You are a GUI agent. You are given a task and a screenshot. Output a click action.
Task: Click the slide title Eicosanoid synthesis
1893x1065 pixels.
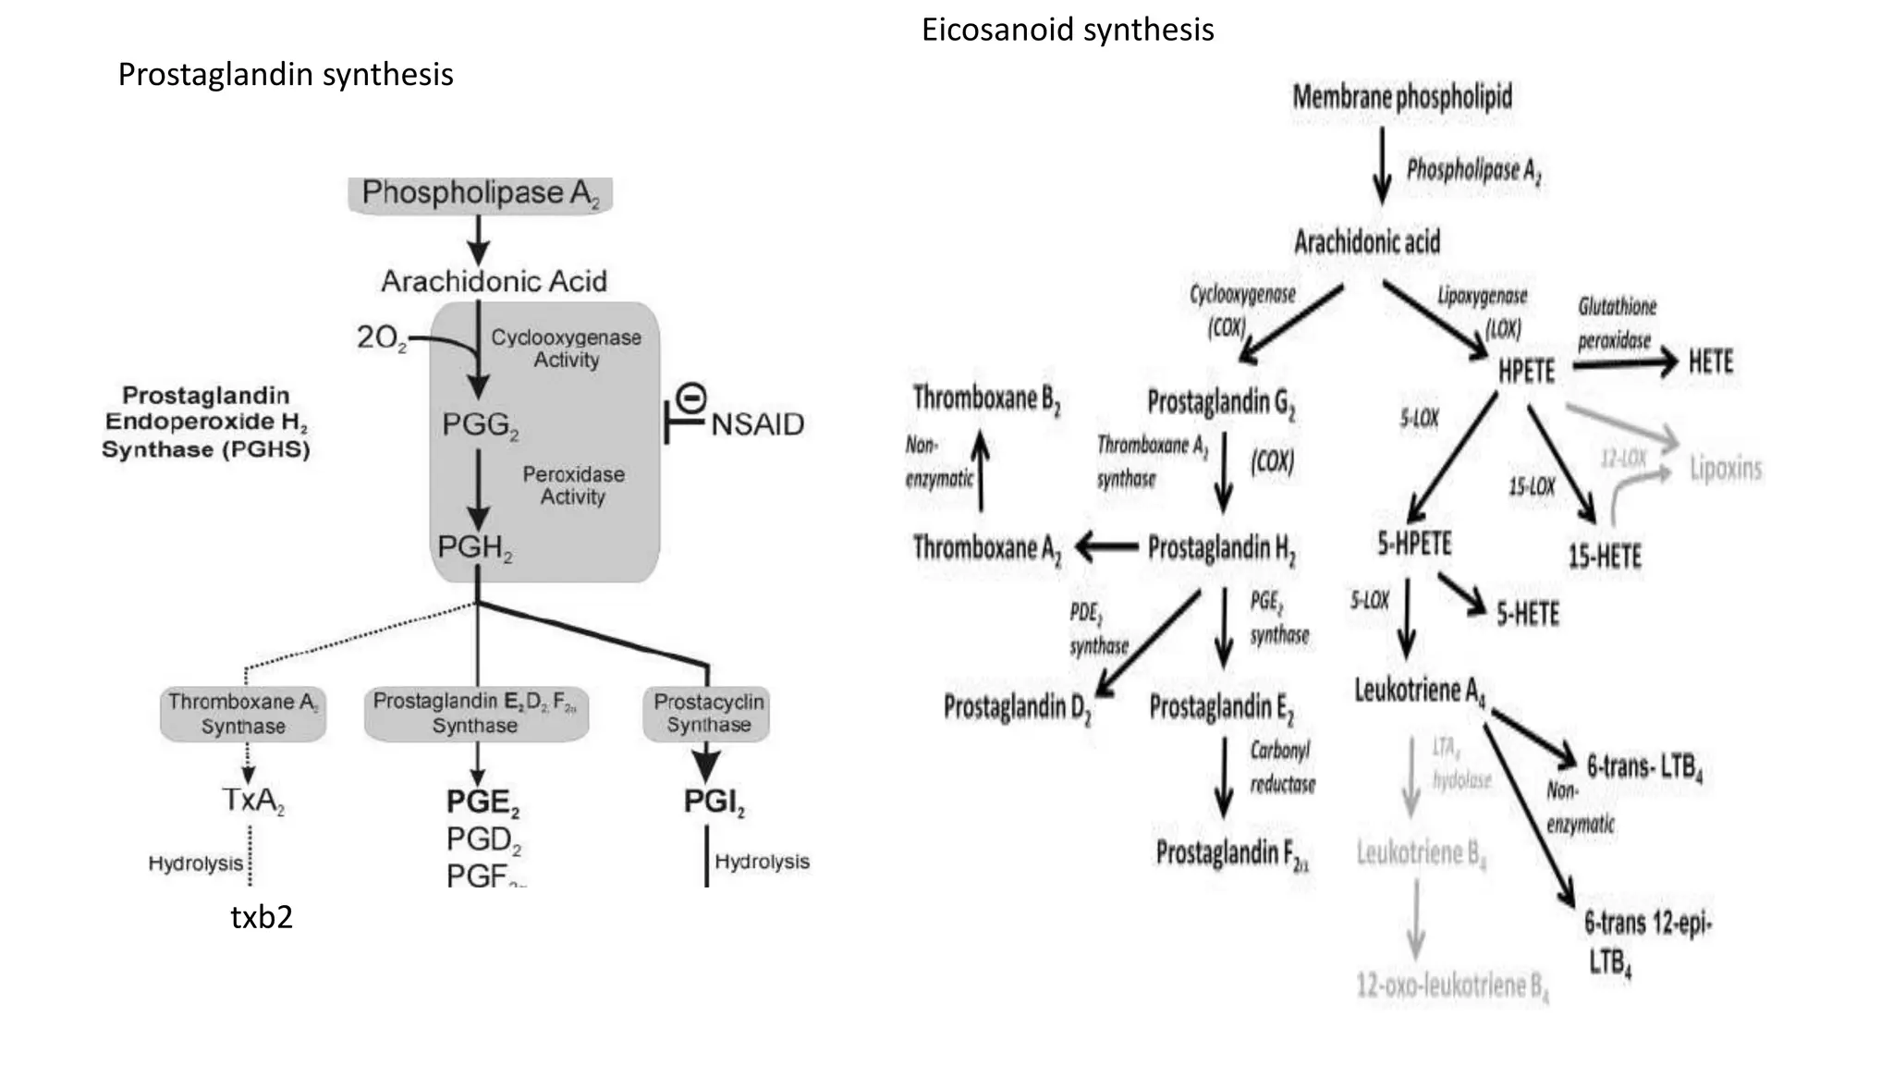1067,31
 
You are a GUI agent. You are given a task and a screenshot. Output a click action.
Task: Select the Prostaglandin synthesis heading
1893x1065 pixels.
285,75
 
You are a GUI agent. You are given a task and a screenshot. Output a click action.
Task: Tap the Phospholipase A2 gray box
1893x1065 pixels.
480,194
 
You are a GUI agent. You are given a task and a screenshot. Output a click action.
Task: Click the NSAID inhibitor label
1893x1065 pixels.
757,424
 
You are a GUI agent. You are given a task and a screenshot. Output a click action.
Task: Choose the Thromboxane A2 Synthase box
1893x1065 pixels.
243,714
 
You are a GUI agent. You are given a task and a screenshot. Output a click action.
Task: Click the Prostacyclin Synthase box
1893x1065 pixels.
708,714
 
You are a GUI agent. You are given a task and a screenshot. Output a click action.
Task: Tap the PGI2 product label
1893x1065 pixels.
714,802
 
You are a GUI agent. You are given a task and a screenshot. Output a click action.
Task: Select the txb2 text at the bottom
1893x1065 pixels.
262,917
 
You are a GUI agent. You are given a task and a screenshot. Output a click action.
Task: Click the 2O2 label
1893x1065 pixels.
381,338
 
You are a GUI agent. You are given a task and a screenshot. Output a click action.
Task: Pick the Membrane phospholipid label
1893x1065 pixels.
1401,96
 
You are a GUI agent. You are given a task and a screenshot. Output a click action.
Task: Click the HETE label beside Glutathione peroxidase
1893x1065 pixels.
1710,361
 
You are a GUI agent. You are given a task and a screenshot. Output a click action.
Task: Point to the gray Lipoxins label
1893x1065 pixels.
1725,469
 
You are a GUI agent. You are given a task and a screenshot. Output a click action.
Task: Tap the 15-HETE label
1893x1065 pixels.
1604,557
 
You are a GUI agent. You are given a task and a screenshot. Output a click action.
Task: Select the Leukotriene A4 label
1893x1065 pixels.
1419,691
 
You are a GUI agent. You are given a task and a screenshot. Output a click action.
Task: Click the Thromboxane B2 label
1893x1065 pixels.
985,399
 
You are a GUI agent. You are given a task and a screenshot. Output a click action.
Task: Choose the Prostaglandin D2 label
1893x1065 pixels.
1017,708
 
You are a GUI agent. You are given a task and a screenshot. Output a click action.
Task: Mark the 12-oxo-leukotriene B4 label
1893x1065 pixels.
1451,986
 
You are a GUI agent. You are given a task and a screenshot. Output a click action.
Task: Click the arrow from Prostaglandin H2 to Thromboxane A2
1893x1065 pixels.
1106,547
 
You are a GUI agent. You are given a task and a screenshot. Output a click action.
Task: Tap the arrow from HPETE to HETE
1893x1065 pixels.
1624,363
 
